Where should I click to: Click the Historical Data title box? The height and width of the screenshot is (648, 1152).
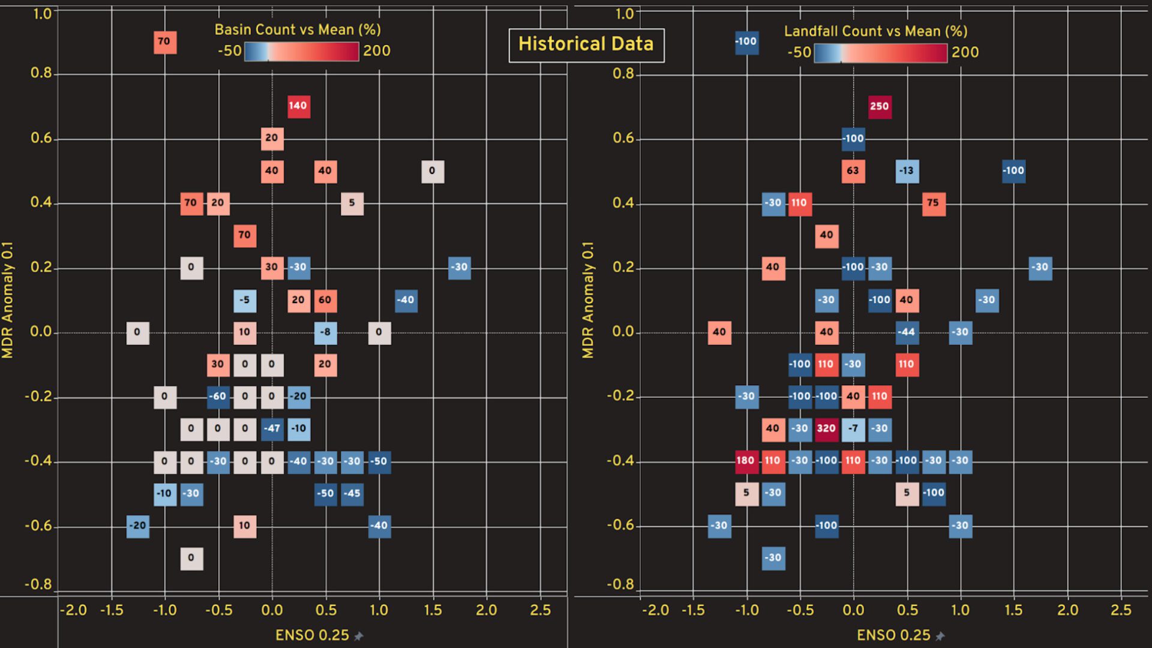click(586, 45)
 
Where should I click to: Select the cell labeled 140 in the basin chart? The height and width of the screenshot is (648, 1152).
click(298, 106)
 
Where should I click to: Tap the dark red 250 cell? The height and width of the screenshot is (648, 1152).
click(879, 107)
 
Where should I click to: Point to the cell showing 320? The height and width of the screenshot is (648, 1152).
click(826, 428)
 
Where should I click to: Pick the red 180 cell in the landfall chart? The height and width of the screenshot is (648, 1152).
click(746, 461)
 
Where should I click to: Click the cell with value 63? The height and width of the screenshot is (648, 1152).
click(853, 171)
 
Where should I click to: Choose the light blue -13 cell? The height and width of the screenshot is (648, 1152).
click(907, 171)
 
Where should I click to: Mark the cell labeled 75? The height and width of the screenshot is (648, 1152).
click(933, 203)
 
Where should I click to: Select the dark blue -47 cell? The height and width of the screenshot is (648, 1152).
click(272, 429)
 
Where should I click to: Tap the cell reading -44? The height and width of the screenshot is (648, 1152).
click(907, 332)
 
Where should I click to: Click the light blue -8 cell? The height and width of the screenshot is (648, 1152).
click(325, 332)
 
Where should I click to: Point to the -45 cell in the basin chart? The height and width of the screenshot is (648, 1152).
click(352, 494)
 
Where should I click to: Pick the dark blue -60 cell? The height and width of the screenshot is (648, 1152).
click(218, 397)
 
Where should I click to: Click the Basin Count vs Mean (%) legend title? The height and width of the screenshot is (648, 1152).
click(298, 29)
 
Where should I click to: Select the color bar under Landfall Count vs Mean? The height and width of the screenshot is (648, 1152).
click(880, 53)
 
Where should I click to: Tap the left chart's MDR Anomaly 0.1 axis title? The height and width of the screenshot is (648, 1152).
click(8, 300)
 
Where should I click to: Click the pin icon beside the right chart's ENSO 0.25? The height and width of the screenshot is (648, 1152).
click(940, 636)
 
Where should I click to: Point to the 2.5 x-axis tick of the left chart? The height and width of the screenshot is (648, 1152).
click(540, 610)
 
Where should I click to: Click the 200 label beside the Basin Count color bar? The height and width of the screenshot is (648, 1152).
click(377, 51)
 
